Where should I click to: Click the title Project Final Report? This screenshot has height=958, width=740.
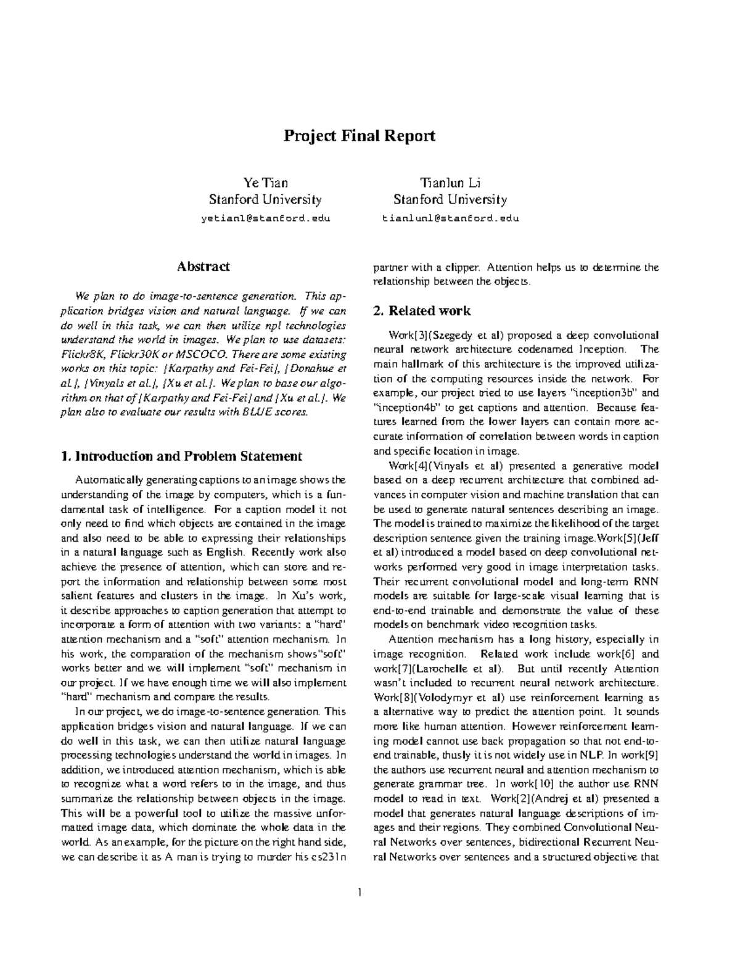click(x=359, y=136)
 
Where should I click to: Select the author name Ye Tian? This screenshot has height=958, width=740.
click(x=265, y=183)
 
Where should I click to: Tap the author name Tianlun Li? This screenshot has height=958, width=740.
click(x=450, y=183)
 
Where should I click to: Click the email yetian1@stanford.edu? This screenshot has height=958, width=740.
click(x=265, y=218)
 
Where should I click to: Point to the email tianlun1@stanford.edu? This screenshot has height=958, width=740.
click(x=450, y=218)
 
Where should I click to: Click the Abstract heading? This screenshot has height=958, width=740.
click(x=203, y=266)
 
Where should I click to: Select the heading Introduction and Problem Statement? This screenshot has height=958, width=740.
click(x=182, y=456)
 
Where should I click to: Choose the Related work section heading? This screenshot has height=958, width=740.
click(x=422, y=311)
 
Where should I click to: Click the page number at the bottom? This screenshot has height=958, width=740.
click(x=359, y=893)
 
